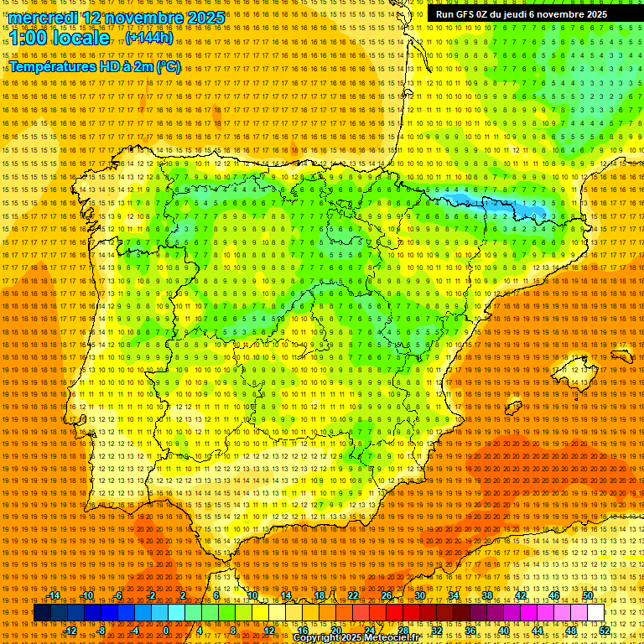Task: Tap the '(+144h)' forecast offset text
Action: coord(149,38)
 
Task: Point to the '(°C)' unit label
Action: coord(168,67)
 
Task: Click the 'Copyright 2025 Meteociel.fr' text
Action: coord(356,638)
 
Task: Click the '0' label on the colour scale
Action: coord(166,630)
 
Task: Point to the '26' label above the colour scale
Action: coord(386,595)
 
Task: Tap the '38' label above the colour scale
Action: coord(486,595)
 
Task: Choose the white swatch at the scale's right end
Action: coord(596,613)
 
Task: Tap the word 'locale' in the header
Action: coord(84,38)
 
